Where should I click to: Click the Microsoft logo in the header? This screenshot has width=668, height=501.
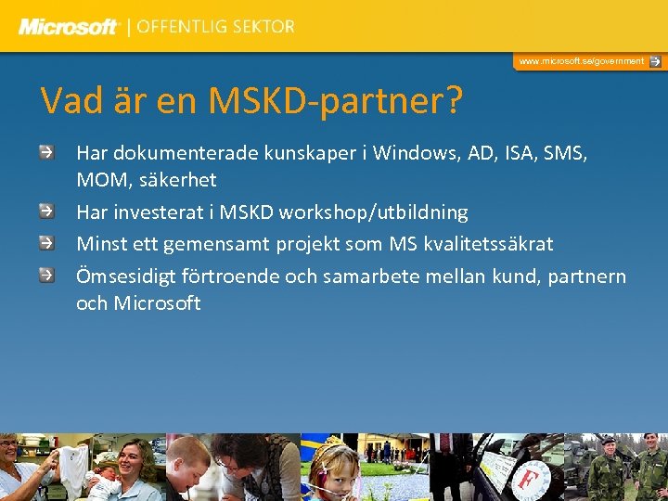click(69, 27)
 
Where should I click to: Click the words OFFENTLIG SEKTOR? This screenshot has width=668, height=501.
click(215, 27)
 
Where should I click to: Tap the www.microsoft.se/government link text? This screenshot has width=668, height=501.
click(581, 61)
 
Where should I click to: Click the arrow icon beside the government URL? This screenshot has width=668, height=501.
click(655, 61)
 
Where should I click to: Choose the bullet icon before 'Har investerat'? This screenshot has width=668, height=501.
click(46, 211)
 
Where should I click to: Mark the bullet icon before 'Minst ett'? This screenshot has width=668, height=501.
click(46, 242)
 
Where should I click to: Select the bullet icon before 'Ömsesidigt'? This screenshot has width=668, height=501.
click(46, 275)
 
